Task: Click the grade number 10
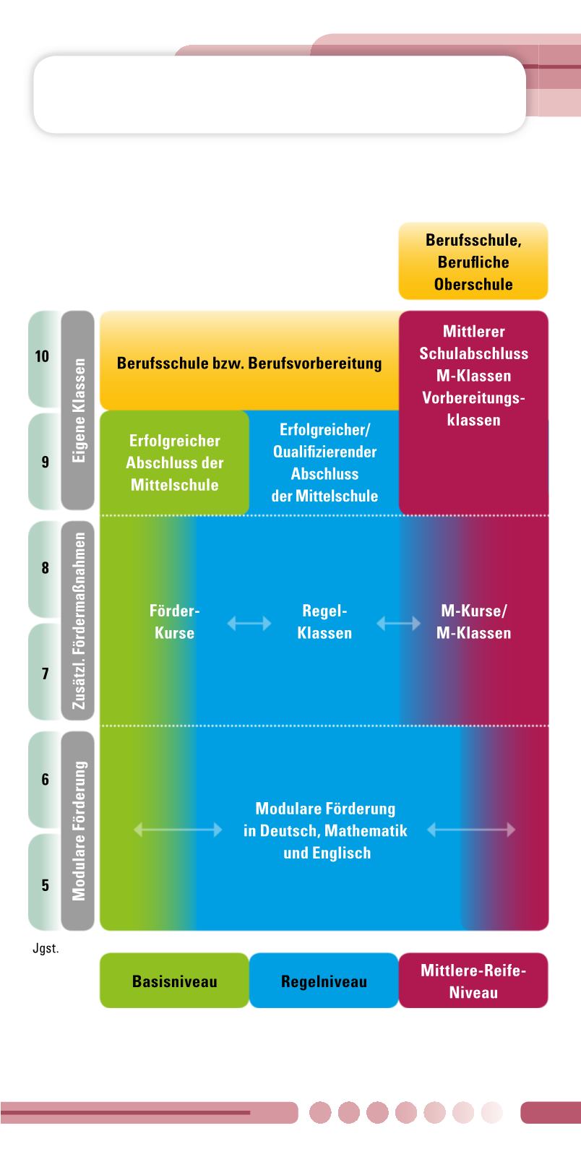(43, 356)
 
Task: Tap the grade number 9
(45, 462)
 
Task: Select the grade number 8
(45, 568)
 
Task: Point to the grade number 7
(45, 673)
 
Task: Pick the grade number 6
(45, 780)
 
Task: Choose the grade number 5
(45, 885)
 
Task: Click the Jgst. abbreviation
(46, 949)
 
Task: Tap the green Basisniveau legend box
(174, 981)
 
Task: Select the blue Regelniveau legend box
(324, 981)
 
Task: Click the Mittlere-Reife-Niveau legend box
(473, 981)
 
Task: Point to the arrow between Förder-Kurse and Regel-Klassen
(249, 623)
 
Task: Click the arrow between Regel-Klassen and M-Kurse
(398, 623)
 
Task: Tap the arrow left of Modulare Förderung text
(178, 830)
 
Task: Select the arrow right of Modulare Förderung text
(471, 830)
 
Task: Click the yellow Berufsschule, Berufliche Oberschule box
(473, 262)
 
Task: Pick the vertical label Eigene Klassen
(79, 410)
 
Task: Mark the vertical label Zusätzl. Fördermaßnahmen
(79, 621)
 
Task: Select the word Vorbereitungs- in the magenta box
(473, 398)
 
